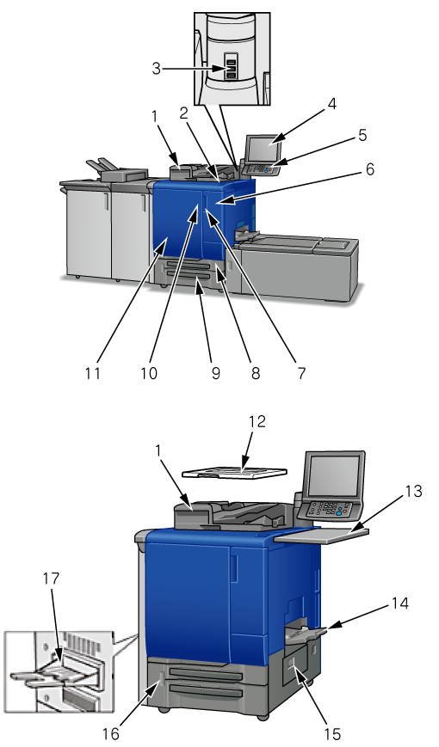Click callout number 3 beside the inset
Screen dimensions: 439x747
157,68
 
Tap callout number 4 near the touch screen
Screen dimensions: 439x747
331,104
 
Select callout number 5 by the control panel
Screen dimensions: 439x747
362,135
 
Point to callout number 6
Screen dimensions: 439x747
370,169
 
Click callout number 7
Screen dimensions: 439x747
301,373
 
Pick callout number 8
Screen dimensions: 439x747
256,373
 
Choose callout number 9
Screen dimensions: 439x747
216,373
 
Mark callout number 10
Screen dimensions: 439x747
149,373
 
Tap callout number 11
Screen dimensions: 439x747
93,373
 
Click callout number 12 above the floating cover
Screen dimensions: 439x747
257,421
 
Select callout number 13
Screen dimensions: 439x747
413,490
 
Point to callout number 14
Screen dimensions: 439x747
400,603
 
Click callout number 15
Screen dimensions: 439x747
332,734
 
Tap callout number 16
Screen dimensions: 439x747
111,734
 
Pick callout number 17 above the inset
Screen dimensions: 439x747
51,579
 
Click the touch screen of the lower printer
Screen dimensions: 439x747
333,475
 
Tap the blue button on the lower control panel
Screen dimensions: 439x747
339,513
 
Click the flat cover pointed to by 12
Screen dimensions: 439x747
235,471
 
